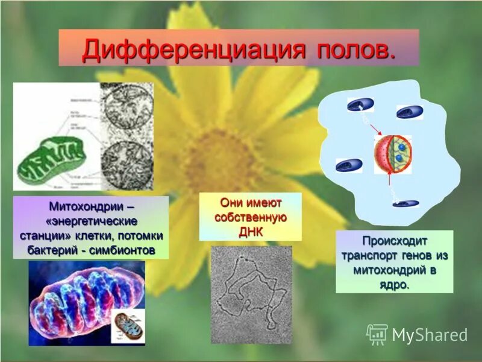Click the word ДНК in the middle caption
tap(251, 231)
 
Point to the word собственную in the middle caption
tap(251, 217)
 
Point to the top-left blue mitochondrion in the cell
tap(360, 105)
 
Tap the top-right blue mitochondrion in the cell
tap(410, 112)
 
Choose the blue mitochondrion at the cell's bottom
tap(405, 203)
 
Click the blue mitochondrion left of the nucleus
tap(349, 165)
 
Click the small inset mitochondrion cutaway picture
tap(128, 327)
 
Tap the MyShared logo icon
tap(377, 334)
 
